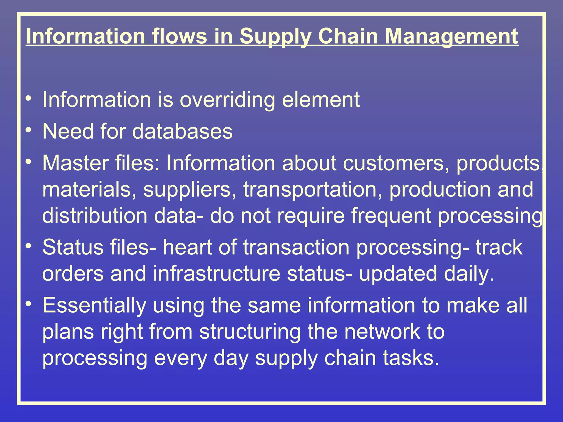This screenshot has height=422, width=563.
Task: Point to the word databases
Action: [182, 131]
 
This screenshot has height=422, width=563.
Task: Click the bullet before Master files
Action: [28, 162]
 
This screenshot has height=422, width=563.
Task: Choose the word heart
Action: [187, 247]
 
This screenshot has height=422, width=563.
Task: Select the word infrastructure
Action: [217, 274]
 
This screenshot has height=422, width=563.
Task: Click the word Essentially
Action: [94, 306]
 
